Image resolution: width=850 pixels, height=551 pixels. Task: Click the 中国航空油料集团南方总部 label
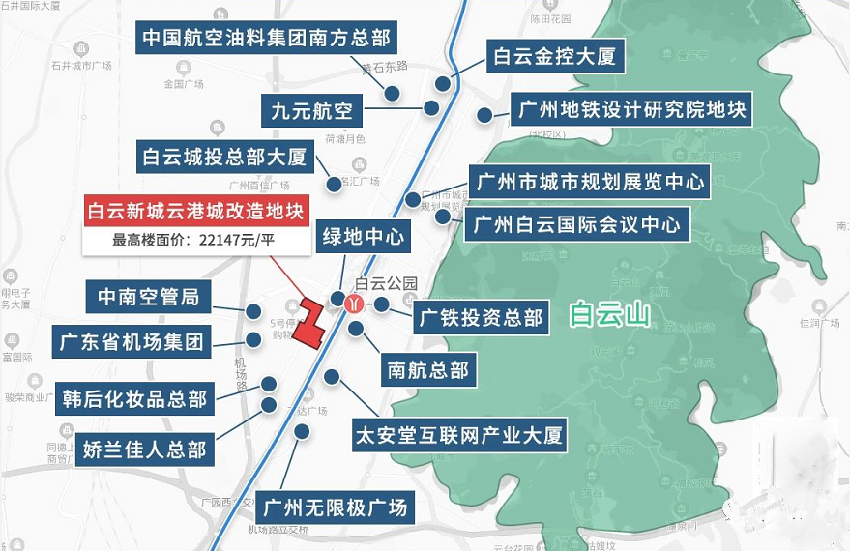pyautogui.click(x=266, y=39)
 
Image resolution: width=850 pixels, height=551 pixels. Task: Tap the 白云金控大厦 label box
pyautogui.click(x=554, y=56)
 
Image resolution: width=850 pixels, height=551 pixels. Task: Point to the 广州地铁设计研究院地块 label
pyautogui.click(x=631, y=109)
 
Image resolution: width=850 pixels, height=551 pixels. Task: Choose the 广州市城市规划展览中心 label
pyautogui.click(x=588, y=181)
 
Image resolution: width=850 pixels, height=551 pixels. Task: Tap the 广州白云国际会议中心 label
pyautogui.click(x=577, y=226)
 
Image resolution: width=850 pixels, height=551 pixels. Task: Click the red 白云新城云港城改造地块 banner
pyautogui.click(x=196, y=211)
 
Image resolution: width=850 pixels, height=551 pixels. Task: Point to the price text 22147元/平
pyautogui.click(x=230, y=241)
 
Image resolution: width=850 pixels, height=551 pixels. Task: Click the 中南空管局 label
pyautogui.click(x=148, y=296)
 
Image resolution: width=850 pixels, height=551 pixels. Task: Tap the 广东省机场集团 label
pyautogui.click(x=132, y=340)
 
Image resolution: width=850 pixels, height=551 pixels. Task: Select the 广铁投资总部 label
pyautogui.click(x=481, y=317)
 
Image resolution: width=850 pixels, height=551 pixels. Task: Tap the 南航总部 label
pyautogui.click(x=428, y=369)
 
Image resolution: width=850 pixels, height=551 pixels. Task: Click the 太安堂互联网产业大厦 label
pyautogui.click(x=458, y=435)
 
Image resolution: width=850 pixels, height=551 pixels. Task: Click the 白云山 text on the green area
pyautogui.click(x=609, y=314)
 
